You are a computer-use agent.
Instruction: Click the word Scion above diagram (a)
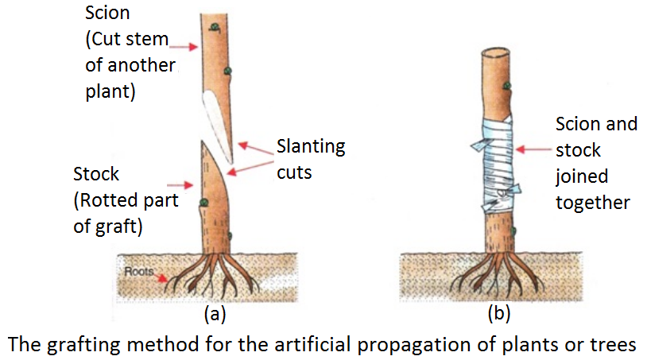[x=108, y=14]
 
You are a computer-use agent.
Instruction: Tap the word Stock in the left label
[x=97, y=174]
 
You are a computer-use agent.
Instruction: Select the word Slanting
[x=311, y=146]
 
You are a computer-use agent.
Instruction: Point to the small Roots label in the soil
[x=139, y=271]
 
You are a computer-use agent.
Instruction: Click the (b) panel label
[x=499, y=314]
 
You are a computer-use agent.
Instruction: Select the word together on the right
[x=593, y=203]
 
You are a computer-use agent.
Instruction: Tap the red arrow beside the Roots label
[x=162, y=278]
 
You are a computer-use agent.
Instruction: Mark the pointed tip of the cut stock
[x=203, y=144]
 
